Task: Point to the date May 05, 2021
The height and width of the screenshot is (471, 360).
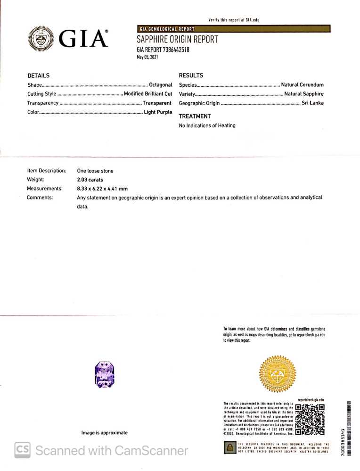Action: tap(147, 57)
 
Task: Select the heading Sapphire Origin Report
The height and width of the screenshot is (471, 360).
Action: tap(177, 40)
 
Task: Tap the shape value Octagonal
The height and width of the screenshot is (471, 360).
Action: tap(160, 85)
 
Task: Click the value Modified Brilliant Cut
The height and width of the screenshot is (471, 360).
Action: tap(147, 94)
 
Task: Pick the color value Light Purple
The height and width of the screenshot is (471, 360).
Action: tap(158, 112)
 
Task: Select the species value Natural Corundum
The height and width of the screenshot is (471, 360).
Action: tap(302, 85)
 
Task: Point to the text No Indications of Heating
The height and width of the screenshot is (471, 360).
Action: tap(207, 125)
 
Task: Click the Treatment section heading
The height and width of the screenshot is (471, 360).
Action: tap(195, 116)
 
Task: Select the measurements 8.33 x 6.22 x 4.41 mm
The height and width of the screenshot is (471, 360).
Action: tap(102, 189)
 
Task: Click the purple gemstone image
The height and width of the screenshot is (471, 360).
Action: tap(105, 374)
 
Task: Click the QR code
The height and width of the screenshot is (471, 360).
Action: tap(309, 420)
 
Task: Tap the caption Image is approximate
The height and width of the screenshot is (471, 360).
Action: tap(104, 432)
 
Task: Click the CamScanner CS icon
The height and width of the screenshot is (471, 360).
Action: tap(22, 450)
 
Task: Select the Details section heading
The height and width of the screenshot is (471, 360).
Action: tap(38, 75)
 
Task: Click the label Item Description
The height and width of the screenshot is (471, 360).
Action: tap(46, 171)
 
